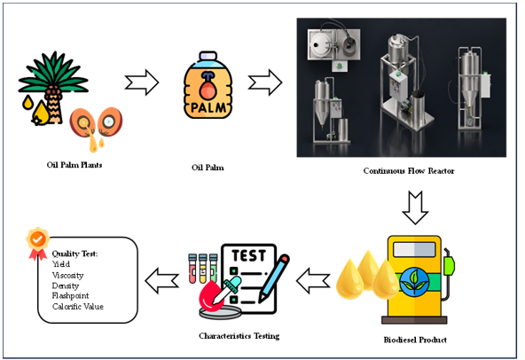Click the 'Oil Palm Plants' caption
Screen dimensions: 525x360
click(74, 165)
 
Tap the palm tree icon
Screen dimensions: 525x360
click(53, 88)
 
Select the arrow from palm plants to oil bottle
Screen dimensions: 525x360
click(142, 82)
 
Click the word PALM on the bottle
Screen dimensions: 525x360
click(208, 108)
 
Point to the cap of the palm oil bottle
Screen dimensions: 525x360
click(208, 56)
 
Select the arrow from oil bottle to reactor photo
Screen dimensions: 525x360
click(265, 82)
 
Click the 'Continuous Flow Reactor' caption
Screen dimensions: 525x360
click(409, 171)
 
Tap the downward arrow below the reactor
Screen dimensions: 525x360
click(415, 207)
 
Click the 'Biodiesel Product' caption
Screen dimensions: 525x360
click(415, 340)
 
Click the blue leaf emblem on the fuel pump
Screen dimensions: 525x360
click(414, 282)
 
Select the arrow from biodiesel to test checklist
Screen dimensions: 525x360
click(313, 280)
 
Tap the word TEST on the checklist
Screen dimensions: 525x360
click(249, 256)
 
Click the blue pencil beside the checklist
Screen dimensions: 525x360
click(274, 278)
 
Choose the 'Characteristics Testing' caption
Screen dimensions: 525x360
click(239, 336)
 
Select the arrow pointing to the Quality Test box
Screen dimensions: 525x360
click(161, 280)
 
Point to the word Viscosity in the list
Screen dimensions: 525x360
click(67, 276)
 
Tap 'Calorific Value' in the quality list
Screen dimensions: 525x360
click(78, 307)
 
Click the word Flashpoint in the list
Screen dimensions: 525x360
click(70, 295)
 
